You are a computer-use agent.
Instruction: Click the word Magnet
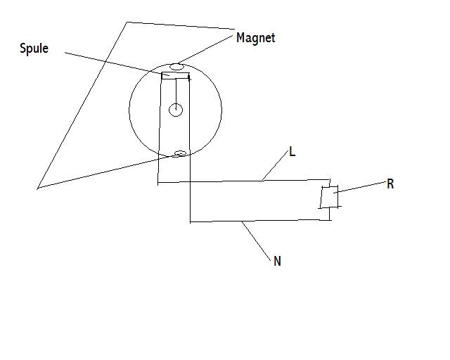pos(255,38)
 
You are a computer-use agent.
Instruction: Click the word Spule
pos(34,49)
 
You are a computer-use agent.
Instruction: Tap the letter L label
pos(292,151)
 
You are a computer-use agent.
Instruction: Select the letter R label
pos(390,184)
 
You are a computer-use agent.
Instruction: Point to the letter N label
pos(277,262)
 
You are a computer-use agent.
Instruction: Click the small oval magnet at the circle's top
pos(176,67)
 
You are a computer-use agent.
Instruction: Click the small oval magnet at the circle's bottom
pos(180,153)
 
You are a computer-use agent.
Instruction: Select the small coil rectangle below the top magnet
pos(175,76)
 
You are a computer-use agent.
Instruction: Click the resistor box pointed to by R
pos(330,197)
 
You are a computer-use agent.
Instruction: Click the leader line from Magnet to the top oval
pos(205,49)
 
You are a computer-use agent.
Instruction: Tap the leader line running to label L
pos(275,166)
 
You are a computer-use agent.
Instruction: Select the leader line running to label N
pos(256,241)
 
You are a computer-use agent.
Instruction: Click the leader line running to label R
pos(360,187)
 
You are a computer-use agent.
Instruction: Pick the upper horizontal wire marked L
pos(244,181)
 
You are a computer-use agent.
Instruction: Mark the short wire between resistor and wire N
pos(330,214)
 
